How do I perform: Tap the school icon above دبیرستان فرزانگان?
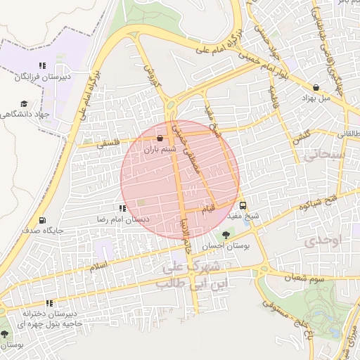pos(42,65)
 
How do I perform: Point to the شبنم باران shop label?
pos(158,149)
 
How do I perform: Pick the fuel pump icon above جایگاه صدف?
pos(44,220)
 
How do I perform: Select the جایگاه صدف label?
pos(44,230)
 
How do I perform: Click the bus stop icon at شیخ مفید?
pos(243,206)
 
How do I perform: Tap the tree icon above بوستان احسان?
pos(226,236)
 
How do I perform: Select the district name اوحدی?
pos(323,241)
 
